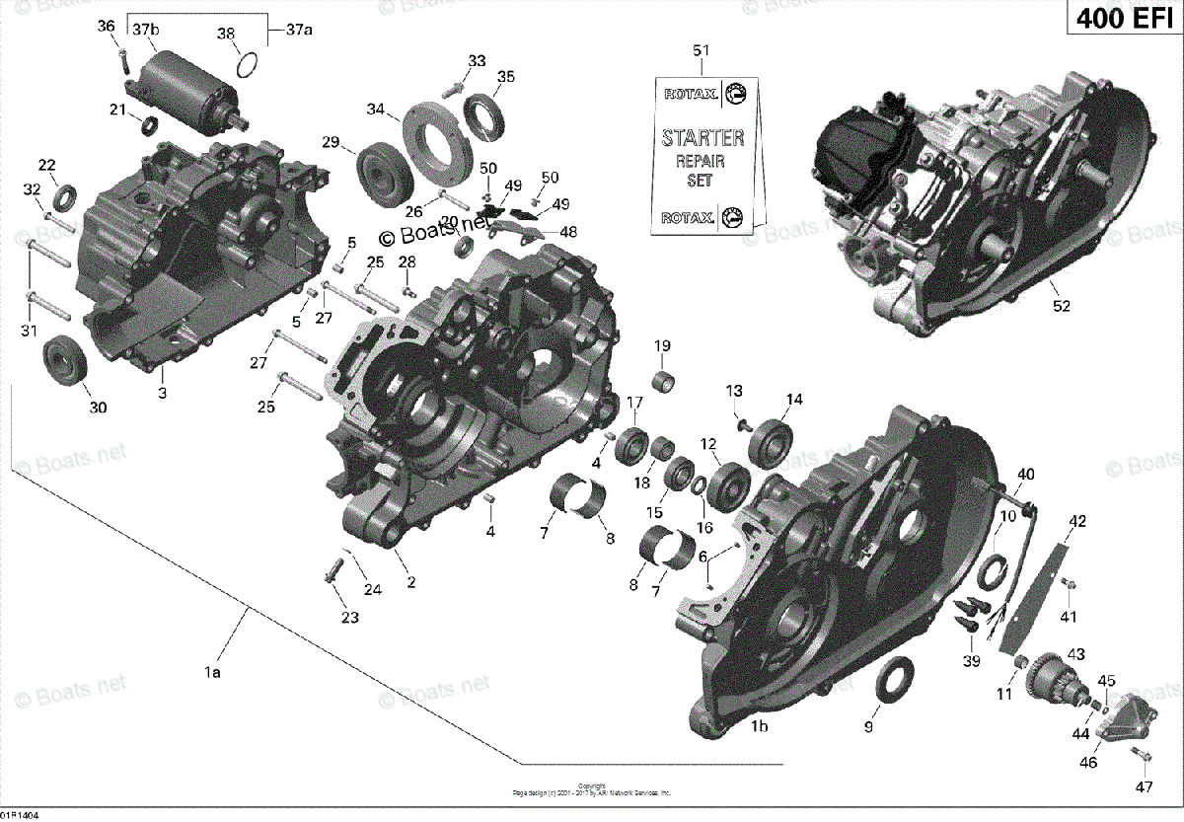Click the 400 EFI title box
pos(1124,21)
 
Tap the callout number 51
pos(702,51)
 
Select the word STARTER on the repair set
pos(703,137)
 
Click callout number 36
pos(107,28)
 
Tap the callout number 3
pos(163,394)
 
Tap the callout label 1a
pos(211,673)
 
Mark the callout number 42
pos(1077,521)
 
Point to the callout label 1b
pos(759,727)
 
